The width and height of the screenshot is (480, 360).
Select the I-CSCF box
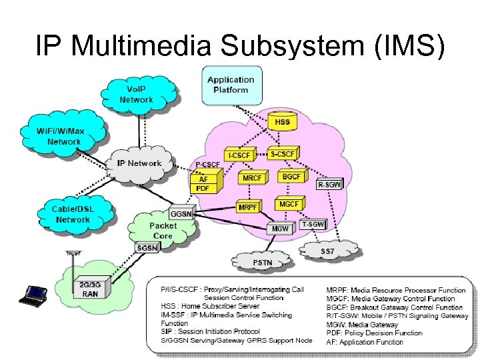(240, 155)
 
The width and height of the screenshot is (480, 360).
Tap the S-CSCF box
(283, 153)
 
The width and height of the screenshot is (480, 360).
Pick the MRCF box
(252, 179)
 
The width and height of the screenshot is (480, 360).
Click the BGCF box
(291, 177)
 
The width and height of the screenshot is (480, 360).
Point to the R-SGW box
(329, 185)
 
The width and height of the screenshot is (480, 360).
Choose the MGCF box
(289, 203)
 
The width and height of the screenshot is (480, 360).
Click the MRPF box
(248, 207)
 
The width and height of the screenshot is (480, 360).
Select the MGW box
(280, 229)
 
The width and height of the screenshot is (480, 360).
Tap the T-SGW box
(313, 225)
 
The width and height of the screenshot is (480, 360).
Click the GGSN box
(182, 214)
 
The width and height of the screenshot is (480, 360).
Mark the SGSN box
(147, 248)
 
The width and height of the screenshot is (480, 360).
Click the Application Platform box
(231, 85)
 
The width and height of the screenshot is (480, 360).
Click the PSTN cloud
(263, 262)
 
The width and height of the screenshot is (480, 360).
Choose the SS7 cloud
(327, 251)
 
